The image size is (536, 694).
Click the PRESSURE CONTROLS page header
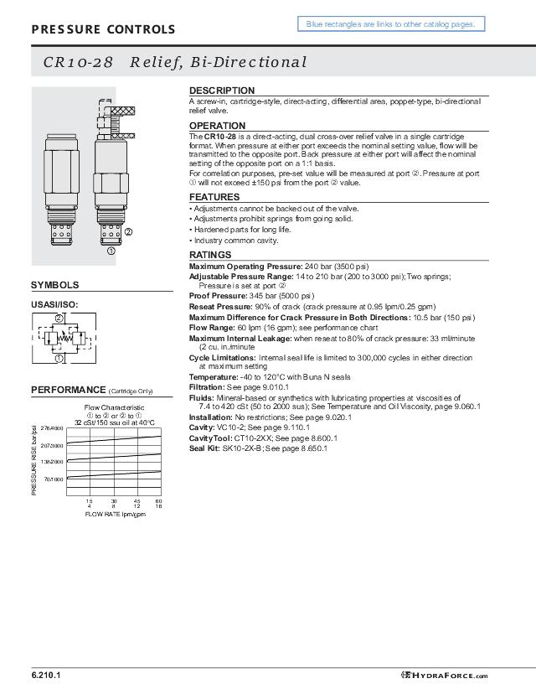pos(103,30)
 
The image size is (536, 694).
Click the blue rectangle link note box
pos(390,24)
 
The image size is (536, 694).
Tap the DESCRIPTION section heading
pos(221,91)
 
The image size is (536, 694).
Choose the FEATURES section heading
pos(214,197)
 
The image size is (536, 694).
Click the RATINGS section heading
pos(209,255)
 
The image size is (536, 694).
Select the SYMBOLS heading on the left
pos(55,285)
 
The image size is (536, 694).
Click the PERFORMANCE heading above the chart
pos(68,390)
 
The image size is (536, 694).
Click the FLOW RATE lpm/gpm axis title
pos(115,514)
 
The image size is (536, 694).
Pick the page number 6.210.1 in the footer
pos(46,675)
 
